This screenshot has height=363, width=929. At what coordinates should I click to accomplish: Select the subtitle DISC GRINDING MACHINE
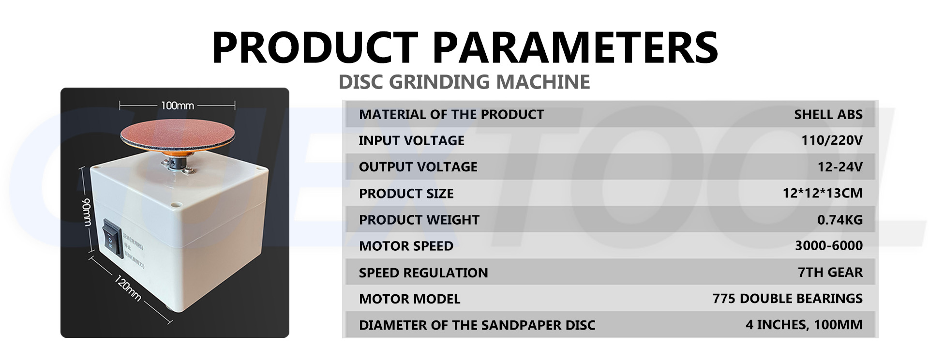point(464,82)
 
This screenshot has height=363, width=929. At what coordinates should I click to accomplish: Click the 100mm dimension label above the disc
point(177,105)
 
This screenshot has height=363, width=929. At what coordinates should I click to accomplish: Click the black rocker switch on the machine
point(111,237)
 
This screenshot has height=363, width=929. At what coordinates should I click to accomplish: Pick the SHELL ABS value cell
point(828,115)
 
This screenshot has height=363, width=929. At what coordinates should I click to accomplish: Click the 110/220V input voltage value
point(832,141)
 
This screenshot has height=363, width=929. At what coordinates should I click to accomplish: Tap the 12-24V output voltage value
point(839,167)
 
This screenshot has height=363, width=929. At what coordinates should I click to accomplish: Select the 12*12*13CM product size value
point(822,194)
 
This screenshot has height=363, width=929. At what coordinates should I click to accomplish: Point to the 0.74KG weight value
point(839,220)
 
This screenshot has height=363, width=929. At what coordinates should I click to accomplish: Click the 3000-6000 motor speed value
point(828,246)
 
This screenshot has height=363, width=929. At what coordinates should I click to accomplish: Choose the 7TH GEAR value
point(830,272)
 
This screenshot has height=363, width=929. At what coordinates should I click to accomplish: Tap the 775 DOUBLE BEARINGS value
point(787,299)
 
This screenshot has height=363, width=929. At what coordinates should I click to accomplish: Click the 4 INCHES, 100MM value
point(804,325)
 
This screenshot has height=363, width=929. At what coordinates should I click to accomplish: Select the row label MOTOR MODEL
point(409,299)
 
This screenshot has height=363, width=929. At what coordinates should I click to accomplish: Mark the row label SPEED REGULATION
point(423,273)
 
